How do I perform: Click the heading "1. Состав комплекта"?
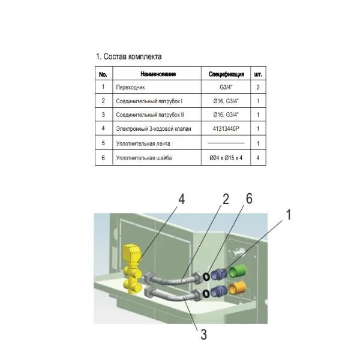tap(128, 56)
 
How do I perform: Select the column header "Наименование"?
tap(158, 74)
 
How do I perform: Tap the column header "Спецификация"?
tap(226, 74)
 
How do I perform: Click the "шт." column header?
tap(258, 74)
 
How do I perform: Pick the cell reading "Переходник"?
tap(130, 87)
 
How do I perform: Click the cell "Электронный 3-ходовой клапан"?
tap(154, 128)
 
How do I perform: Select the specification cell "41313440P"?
tap(226, 128)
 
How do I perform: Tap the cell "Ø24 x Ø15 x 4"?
tap(226, 158)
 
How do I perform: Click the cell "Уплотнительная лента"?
tap(143, 144)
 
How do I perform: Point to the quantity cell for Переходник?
tap(258, 87)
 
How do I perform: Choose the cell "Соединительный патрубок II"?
tap(149, 115)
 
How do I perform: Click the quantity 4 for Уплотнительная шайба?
tap(258, 158)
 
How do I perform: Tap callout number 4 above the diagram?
tap(182, 199)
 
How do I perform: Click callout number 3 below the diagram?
tap(203, 334)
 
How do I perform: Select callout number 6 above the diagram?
tap(249, 199)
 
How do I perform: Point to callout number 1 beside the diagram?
tap(289, 215)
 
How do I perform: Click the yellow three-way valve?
tap(133, 269)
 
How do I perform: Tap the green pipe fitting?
tap(238, 271)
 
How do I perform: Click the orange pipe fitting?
tap(237, 288)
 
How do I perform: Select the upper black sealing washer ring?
tap(206, 276)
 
